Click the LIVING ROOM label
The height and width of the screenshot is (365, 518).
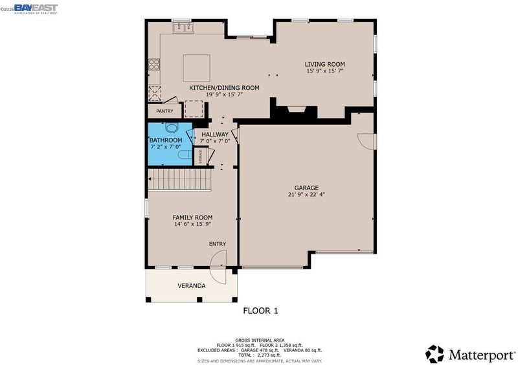(x=325, y=65)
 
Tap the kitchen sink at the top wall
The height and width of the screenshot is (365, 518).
(x=183, y=28)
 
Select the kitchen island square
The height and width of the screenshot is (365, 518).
(x=197, y=69)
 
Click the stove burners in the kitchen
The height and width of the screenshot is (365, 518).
(x=154, y=65)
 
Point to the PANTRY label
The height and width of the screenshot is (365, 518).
(x=164, y=111)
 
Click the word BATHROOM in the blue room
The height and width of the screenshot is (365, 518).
(x=166, y=140)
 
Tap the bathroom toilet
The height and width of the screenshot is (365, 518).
(x=185, y=154)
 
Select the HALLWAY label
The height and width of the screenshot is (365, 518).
(x=215, y=135)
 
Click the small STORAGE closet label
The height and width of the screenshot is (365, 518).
(x=200, y=157)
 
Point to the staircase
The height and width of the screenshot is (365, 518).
(x=180, y=180)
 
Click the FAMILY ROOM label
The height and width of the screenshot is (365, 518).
(x=192, y=217)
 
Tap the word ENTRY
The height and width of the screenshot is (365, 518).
(x=218, y=244)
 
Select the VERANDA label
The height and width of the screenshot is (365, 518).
(x=192, y=286)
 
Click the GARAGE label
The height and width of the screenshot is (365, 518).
(x=306, y=188)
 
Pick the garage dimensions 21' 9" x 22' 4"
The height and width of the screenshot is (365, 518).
(x=306, y=195)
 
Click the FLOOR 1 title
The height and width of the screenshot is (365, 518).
(x=261, y=311)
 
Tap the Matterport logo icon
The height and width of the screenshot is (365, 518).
(x=434, y=354)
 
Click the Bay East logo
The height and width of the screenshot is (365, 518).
(x=36, y=8)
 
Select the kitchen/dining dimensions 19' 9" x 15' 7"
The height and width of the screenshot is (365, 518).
(x=225, y=94)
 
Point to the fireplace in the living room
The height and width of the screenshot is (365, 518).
(x=297, y=109)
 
